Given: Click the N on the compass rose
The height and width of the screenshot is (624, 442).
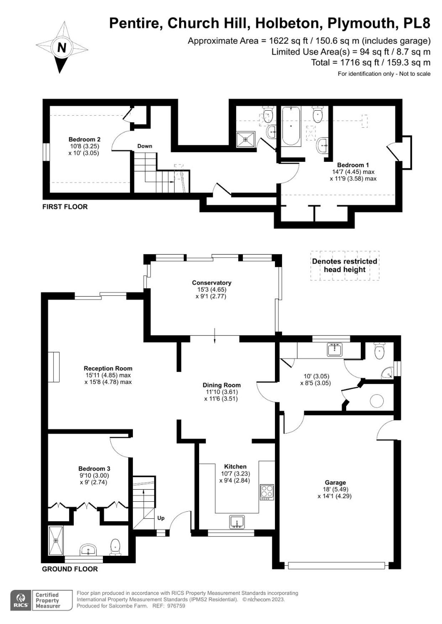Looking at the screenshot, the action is click(x=62, y=47).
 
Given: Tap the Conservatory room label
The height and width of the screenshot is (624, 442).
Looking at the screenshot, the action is click(x=212, y=283).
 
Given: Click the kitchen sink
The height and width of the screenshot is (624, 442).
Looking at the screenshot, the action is click(x=237, y=522).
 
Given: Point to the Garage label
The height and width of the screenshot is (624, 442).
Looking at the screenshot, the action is click(x=335, y=482).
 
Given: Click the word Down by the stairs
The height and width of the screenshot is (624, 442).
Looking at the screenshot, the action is click(x=145, y=146).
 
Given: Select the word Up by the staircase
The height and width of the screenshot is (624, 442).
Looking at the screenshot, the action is click(x=161, y=518).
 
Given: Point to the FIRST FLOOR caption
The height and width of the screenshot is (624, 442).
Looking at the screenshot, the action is click(x=65, y=207).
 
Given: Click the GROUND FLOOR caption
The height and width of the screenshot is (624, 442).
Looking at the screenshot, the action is click(x=70, y=569).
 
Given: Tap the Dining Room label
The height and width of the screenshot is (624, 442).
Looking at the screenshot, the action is click(x=222, y=385).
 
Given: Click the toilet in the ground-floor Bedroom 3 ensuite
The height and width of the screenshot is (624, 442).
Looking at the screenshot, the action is click(x=115, y=547).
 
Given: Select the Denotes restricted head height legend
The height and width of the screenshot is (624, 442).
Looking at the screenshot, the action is click(x=345, y=265).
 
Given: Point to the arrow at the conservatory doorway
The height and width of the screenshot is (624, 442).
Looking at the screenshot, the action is click(x=215, y=335).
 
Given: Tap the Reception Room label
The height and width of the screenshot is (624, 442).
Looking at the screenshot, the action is click(x=108, y=369).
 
